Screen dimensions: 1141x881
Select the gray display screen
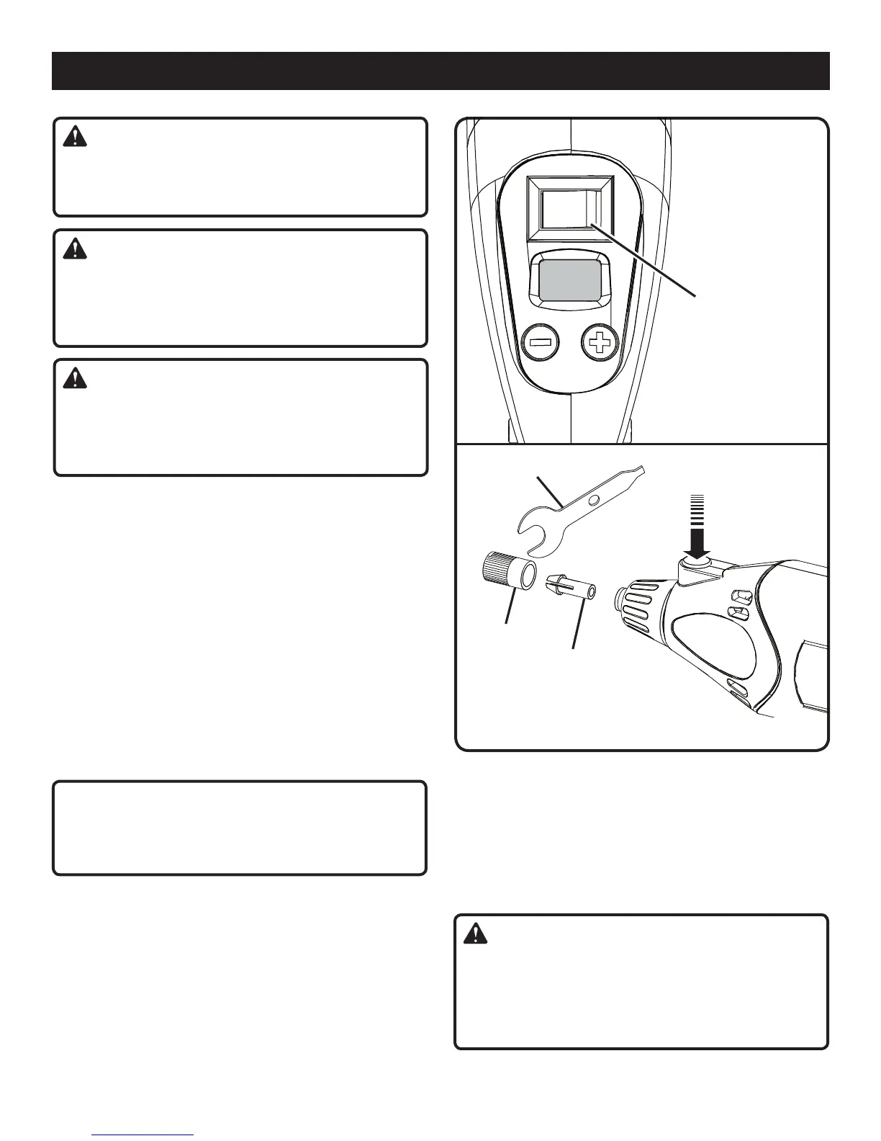tap(569, 281)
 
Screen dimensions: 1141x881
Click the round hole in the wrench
tap(593, 499)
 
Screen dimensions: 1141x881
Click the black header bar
tap(440, 71)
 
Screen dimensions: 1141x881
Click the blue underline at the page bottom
tap(144, 1135)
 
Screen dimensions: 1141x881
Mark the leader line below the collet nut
tap(511, 609)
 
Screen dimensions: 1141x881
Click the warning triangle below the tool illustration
tap(474, 935)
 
